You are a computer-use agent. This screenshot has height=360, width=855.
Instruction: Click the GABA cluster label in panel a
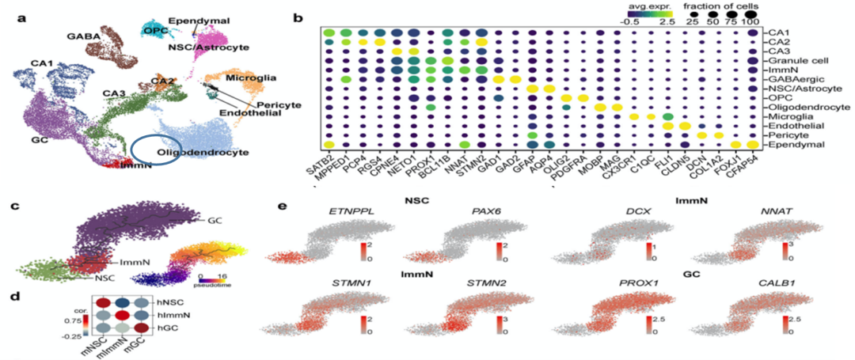(82, 36)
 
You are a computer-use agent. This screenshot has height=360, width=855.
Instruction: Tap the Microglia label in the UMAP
(250, 78)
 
